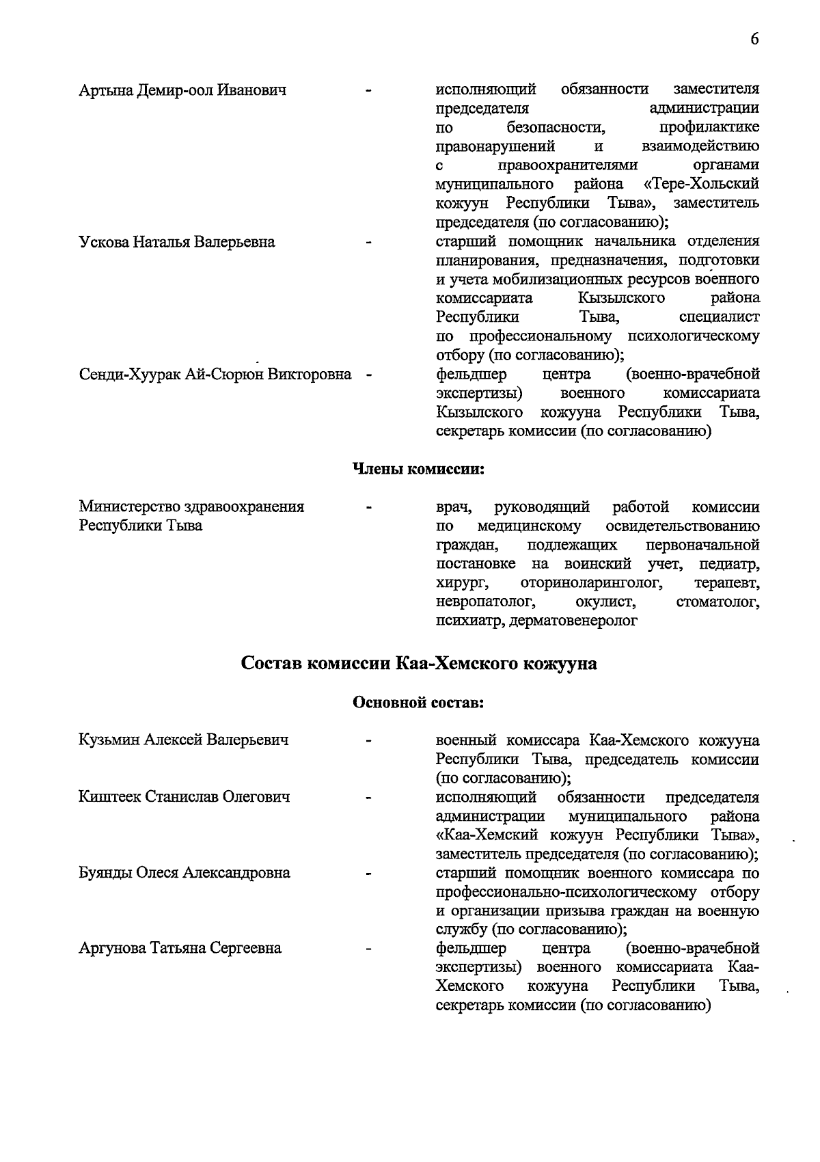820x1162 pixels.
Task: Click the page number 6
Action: click(x=754, y=39)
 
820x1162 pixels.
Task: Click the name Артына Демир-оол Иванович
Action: click(x=182, y=90)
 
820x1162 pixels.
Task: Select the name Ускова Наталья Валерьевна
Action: click(x=177, y=242)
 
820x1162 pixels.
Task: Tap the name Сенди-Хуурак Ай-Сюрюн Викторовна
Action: click(x=215, y=375)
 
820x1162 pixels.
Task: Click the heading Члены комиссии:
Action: click(x=418, y=469)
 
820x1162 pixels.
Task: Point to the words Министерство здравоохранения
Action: click(x=192, y=506)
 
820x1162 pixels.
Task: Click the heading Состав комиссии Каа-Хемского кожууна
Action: click(x=419, y=664)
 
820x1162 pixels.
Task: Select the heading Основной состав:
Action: click(x=418, y=702)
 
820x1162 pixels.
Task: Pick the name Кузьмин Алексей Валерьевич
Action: click(x=184, y=740)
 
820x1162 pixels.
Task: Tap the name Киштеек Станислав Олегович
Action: click(x=184, y=797)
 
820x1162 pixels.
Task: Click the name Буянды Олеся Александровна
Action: click(x=184, y=873)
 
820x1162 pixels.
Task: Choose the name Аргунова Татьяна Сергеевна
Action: click(x=180, y=949)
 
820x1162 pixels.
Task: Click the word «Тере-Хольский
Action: click(x=701, y=185)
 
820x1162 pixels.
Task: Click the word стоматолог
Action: click(x=717, y=602)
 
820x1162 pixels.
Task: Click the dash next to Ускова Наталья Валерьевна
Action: click(x=369, y=242)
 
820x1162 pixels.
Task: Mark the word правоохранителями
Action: click(x=568, y=165)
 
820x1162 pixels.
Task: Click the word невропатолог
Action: click(x=484, y=602)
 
